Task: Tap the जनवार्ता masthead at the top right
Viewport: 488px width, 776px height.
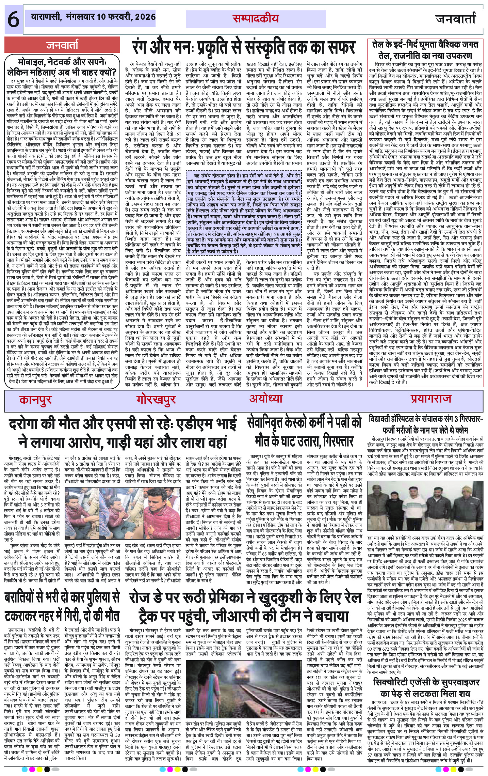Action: pos(455,19)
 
